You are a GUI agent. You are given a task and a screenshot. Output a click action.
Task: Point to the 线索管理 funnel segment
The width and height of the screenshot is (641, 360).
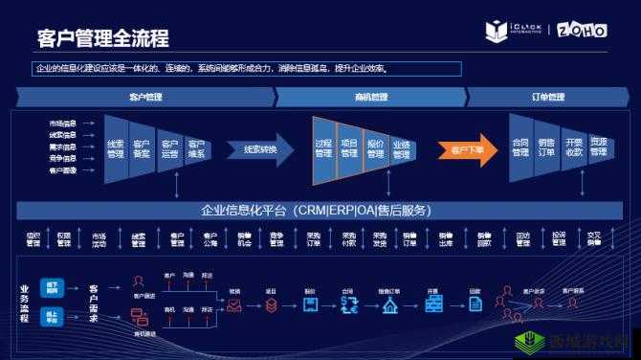point(115,149)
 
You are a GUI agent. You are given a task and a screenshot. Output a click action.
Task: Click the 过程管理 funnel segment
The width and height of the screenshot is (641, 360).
point(323,149)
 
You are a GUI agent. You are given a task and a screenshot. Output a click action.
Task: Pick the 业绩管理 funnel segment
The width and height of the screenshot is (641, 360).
point(401,150)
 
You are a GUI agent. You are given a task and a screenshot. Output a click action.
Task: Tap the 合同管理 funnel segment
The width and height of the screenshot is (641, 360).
point(520,148)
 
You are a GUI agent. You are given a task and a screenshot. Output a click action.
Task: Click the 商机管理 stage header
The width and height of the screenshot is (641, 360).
point(371,97)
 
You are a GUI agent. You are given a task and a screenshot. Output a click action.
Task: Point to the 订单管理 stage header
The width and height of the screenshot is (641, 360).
point(547,97)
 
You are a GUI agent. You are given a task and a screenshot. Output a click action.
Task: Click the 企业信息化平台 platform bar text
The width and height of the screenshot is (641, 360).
point(316,211)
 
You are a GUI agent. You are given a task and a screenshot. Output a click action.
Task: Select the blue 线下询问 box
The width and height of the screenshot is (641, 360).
point(53,286)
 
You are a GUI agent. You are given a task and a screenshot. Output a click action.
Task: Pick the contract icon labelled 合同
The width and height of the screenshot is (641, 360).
point(347,305)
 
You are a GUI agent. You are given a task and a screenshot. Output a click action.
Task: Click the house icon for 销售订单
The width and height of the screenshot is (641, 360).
point(389,305)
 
